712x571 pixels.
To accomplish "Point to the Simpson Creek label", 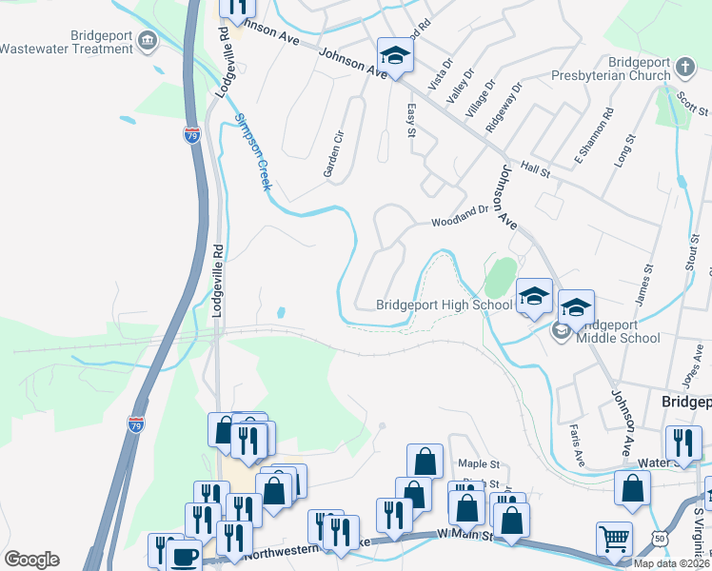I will point(252,153).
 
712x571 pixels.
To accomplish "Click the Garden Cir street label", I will point(332,156).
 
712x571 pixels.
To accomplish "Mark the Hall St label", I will point(537,169).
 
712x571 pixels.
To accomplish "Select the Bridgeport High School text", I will point(444,305).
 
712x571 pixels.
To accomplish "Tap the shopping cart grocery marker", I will point(615,539).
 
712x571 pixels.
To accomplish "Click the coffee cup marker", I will point(184,556).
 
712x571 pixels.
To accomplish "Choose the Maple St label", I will point(480,463).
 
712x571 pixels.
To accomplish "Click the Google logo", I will point(31,560).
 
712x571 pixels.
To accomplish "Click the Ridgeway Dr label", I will point(504,108).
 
